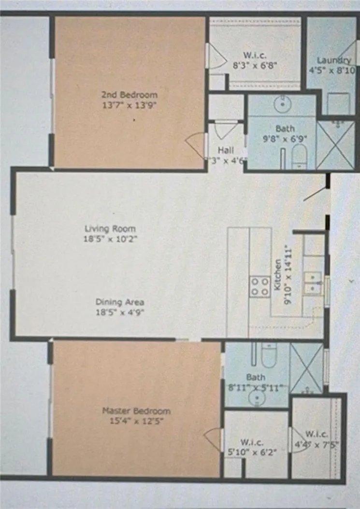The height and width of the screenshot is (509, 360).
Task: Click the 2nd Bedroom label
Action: tap(129, 95)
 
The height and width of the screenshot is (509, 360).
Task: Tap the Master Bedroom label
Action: tap(136, 411)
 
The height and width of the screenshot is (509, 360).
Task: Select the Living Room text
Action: tap(110, 228)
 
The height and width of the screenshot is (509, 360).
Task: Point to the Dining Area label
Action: tap(119, 302)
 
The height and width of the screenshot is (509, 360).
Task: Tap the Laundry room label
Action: tap(333, 60)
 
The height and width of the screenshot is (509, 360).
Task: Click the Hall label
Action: tap(226, 150)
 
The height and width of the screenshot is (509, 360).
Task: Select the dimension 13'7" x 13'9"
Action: tap(130, 104)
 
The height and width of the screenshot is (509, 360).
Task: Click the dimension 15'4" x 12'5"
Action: tap(136, 421)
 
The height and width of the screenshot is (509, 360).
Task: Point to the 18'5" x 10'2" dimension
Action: tap(110, 238)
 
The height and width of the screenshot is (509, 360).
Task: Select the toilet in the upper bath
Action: tap(300, 157)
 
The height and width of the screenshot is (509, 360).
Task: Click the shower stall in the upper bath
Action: tap(334, 144)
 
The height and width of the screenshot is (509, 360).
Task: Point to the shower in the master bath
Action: tap(306, 368)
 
